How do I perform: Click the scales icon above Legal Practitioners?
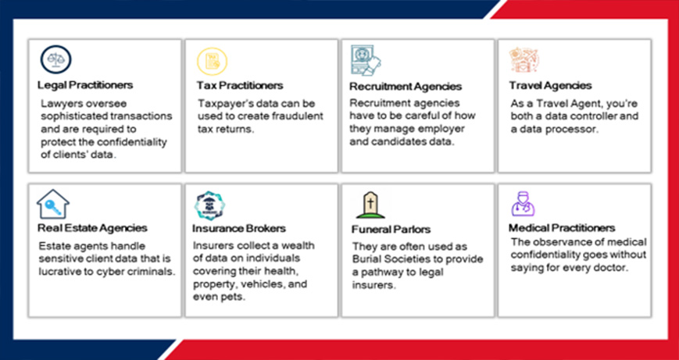point(55,60)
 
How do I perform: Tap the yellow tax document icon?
point(213,61)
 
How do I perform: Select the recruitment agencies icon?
point(366,61)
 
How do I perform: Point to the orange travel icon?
point(524,60)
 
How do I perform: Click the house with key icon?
point(53,204)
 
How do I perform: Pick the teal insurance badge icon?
point(209,205)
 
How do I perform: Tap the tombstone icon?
point(370,205)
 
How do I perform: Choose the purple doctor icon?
point(523,204)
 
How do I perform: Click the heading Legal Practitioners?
point(85,85)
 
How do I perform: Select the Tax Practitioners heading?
point(240,85)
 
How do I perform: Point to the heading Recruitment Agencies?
point(406,86)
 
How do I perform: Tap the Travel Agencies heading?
point(550,85)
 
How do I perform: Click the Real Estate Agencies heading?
point(92,227)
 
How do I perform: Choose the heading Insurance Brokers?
point(239,228)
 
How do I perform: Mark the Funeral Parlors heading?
point(391,229)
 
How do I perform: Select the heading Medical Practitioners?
point(562,227)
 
